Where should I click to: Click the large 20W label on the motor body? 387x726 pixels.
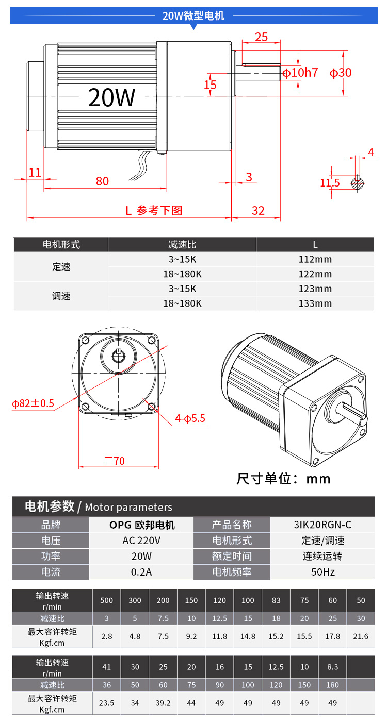(111, 97)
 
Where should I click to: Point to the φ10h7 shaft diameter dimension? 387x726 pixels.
(300, 73)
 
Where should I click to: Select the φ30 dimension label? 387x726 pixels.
(341, 73)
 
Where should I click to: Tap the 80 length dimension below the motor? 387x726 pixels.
(102, 181)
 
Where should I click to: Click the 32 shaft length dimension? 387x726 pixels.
(258, 211)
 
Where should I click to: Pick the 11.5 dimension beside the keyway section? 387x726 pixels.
(330, 183)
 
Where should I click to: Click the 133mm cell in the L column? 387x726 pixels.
(315, 303)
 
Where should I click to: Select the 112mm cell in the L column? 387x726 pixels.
(315, 259)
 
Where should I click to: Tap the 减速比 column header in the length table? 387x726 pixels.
(182, 244)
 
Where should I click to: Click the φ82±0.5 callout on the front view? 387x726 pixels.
(33, 403)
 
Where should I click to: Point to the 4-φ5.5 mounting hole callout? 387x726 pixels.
(190, 418)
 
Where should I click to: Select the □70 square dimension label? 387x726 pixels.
(115, 461)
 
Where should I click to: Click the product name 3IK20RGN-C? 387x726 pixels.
(322, 525)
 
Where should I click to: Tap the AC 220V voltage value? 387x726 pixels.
(141, 541)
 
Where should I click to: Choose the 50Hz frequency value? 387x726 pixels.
(322, 572)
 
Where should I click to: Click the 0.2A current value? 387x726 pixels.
(141, 572)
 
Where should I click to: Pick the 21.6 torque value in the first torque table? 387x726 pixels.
(361, 636)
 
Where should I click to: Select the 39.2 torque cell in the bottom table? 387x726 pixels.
(163, 703)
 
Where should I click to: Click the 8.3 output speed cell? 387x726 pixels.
(332, 667)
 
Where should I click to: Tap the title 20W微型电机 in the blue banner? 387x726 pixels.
(193, 15)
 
